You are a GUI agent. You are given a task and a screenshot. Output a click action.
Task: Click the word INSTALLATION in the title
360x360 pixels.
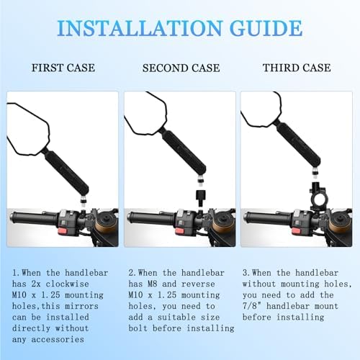click(140, 28)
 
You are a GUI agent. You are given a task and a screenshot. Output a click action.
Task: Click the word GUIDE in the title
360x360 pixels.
click(266, 28)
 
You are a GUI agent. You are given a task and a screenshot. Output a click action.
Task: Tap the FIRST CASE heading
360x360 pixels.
click(63, 68)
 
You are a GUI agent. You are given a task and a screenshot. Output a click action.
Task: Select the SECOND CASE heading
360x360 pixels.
click(181, 68)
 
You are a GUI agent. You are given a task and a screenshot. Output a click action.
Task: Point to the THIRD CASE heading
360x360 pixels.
click(297, 68)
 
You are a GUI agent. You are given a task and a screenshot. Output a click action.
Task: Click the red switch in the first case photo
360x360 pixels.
click(63, 231)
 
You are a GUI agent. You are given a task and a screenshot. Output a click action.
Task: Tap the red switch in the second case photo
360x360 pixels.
click(180, 231)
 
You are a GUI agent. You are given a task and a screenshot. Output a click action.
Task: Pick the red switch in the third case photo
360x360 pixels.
click(297, 231)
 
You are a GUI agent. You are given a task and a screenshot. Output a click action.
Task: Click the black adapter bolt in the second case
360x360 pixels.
click(200, 198)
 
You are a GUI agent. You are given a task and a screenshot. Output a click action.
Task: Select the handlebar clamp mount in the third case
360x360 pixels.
click(318, 198)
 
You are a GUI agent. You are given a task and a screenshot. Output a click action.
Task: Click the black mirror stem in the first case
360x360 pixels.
click(66, 172)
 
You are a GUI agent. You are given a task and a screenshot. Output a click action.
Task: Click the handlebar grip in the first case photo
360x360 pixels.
click(34, 218)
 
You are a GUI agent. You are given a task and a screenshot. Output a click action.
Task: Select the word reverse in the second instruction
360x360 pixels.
click(198, 284)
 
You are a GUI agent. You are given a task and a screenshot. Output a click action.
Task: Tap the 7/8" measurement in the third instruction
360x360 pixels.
click(252, 306)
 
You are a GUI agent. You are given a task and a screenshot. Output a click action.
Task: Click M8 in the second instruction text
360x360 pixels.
click(153, 284)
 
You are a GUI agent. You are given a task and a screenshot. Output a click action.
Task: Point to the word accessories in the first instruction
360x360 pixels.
click(58, 339)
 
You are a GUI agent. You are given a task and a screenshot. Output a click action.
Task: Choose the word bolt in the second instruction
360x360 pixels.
click(138, 328)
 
